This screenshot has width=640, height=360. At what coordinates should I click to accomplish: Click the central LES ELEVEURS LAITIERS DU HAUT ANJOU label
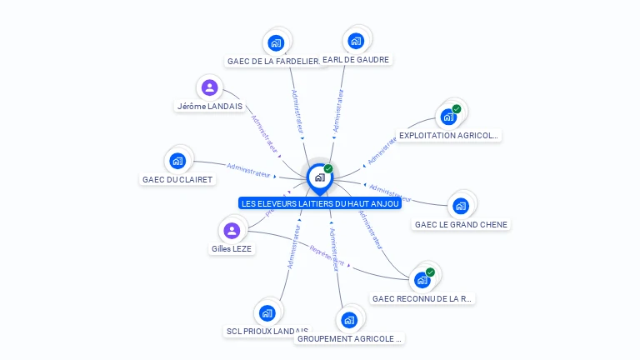click(320, 203)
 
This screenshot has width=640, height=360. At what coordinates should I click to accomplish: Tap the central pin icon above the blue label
click(319, 177)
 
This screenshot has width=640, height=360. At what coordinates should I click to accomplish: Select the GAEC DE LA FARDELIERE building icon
click(276, 42)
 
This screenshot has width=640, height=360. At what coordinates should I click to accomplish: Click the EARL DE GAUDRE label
click(356, 60)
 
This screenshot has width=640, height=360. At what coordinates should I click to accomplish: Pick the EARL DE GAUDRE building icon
click(356, 41)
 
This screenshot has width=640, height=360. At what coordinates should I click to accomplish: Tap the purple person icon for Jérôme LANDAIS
click(209, 87)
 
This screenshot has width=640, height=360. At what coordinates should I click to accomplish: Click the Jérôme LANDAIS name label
click(210, 107)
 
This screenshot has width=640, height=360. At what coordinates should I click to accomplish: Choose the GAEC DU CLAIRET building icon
click(177, 161)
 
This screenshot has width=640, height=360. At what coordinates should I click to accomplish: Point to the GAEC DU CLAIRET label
click(178, 179)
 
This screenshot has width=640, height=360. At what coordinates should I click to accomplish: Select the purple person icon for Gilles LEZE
click(232, 230)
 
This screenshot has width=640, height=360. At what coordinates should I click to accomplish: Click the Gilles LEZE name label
click(232, 248)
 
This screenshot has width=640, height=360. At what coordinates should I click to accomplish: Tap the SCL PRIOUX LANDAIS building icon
click(267, 313)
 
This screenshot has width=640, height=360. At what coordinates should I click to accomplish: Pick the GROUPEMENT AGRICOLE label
click(350, 339)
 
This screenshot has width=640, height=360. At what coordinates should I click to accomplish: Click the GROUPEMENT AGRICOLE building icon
click(349, 319)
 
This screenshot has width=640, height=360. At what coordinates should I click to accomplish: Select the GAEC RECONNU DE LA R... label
click(422, 298)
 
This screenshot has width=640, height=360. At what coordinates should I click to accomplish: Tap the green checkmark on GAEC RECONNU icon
click(430, 272)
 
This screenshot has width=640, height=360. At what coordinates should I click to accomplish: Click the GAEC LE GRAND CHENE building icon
click(461, 205)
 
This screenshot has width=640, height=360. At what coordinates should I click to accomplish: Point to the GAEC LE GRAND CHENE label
click(461, 224)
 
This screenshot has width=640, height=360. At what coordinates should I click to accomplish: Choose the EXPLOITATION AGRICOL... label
click(449, 135)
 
